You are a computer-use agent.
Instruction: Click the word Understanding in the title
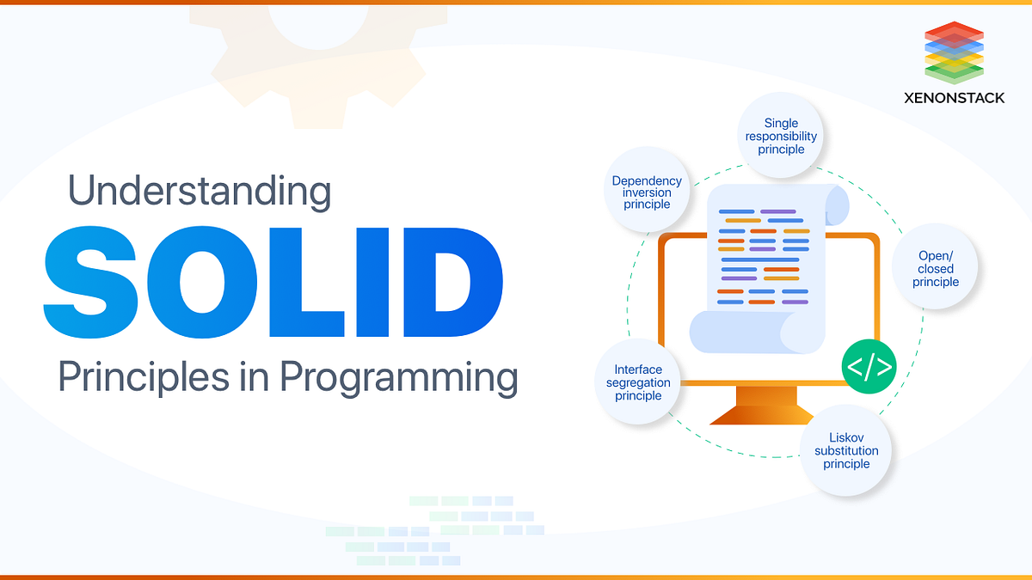(x=200, y=192)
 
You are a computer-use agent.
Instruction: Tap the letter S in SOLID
(x=91, y=282)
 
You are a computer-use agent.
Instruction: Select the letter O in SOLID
(x=202, y=282)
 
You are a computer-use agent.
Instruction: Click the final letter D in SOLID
(x=453, y=282)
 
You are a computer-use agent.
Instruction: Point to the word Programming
(x=399, y=378)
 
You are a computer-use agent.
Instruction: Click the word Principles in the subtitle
(x=144, y=377)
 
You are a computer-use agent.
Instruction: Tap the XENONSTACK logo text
(x=954, y=98)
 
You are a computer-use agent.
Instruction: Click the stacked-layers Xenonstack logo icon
(x=954, y=52)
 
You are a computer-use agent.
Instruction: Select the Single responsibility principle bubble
(x=781, y=136)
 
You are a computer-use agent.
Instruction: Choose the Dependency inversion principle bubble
(x=647, y=190)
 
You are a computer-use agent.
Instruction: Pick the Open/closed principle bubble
(x=936, y=266)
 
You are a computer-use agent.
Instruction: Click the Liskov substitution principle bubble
(x=846, y=450)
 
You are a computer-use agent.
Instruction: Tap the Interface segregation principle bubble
(x=638, y=382)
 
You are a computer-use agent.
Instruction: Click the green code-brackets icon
(x=869, y=366)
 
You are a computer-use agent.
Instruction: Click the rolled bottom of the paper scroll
(x=757, y=333)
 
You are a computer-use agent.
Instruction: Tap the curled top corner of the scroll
(x=837, y=205)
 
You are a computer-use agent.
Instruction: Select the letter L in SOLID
(x=306, y=282)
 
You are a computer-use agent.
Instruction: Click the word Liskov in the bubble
(x=846, y=437)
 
